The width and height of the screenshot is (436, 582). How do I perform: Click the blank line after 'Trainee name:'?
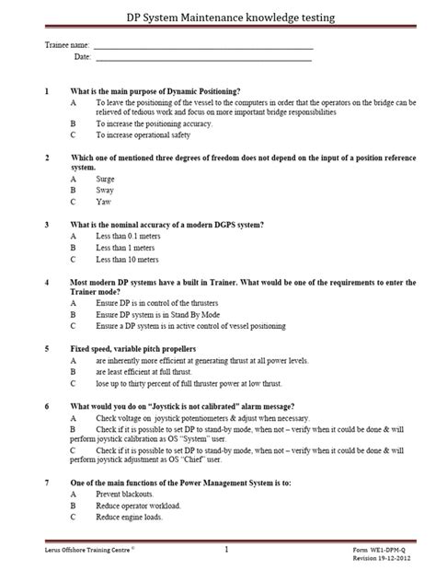pyautogui.click(x=203, y=47)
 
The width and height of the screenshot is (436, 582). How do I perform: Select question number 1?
pyautogui.click(x=47, y=91)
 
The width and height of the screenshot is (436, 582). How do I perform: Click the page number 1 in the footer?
pyautogui.click(x=226, y=550)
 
